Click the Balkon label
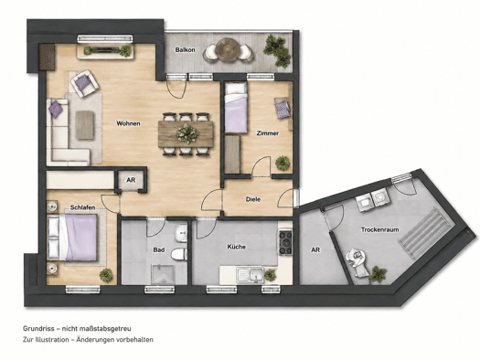click(185, 50)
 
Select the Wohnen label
click(128, 123)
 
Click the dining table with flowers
click(187, 134)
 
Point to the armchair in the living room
click(84, 83)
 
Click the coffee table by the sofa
click(84, 125)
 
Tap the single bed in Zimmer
click(236, 108)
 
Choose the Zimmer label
click(268, 133)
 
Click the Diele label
click(253, 199)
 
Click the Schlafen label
click(82, 207)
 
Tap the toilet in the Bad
click(179, 254)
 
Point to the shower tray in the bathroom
click(164, 274)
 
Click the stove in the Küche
click(285, 243)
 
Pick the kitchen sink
click(251, 274)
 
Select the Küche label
click(236, 247)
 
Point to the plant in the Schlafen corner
click(106, 275)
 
